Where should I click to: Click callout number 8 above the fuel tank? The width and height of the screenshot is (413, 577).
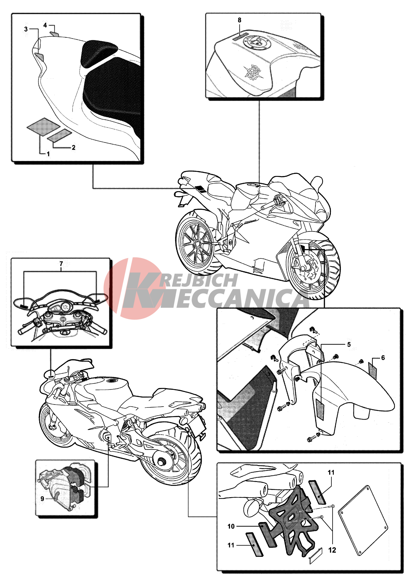tap(239, 20)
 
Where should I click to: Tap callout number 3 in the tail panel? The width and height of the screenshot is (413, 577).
tap(26, 29)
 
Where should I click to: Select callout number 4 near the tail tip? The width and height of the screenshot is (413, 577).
tap(45, 25)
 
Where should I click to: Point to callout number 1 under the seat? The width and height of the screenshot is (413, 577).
tap(48, 154)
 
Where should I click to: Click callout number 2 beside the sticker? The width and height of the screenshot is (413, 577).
tap(73, 148)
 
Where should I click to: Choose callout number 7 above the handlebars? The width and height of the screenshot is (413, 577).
tap(61, 264)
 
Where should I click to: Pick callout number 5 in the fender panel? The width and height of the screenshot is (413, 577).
tap(349, 345)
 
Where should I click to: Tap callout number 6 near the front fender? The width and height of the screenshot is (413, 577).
tap(383, 358)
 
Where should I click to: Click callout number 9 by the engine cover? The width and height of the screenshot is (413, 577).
tap(42, 499)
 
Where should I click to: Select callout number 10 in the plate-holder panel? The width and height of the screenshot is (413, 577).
tap(231, 526)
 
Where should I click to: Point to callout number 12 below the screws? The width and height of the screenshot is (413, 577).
tap(332, 550)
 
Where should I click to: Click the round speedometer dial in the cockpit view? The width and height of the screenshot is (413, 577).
tap(66, 307)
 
